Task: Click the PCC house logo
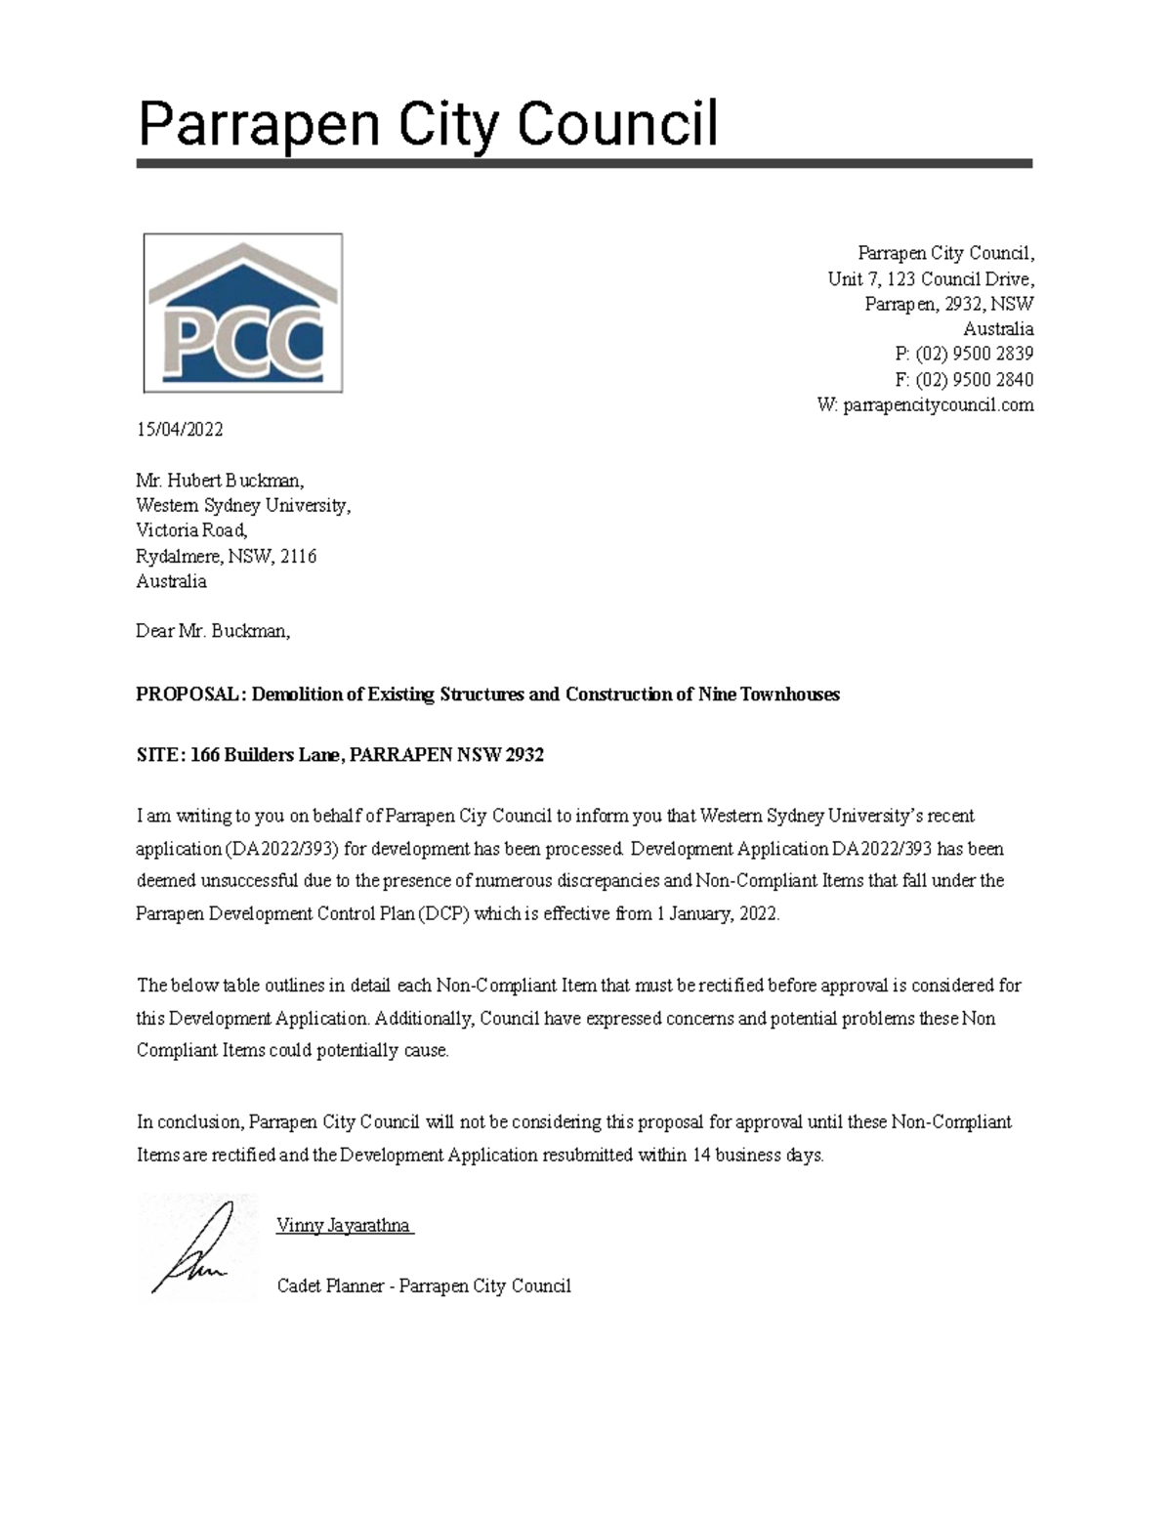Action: (x=242, y=313)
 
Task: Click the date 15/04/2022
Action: (x=180, y=430)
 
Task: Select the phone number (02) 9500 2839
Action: (x=974, y=354)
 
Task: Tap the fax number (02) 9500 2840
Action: (x=974, y=379)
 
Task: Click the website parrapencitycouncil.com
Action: (x=938, y=405)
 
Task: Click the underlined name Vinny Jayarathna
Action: (x=343, y=1226)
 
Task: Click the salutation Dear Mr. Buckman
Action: (x=213, y=631)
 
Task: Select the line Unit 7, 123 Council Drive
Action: (x=930, y=279)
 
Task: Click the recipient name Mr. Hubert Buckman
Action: (x=220, y=481)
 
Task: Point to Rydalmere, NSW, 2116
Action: (x=226, y=557)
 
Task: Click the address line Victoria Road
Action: (x=191, y=531)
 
